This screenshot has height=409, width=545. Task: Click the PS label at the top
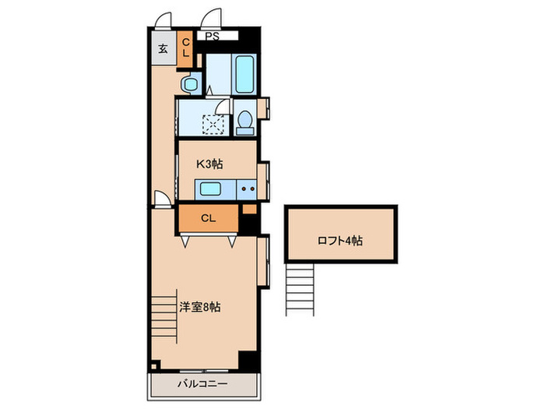(211, 36)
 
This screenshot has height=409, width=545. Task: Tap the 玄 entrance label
(163, 49)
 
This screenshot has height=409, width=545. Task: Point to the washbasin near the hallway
(189, 83)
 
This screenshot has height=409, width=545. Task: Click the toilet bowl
(244, 120)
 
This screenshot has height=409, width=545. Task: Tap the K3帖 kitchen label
(209, 164)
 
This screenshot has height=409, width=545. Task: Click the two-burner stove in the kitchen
(248, 188)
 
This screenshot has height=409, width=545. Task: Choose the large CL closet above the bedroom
(208, 218)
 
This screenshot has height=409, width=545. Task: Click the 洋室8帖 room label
(200, 307)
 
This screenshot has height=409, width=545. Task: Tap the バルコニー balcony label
(202, 385)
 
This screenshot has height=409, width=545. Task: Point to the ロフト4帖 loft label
(339, 241)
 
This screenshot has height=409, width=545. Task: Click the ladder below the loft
(300, 289)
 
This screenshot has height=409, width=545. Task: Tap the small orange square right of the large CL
(248, 208)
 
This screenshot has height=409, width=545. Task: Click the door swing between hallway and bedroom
(160, 199)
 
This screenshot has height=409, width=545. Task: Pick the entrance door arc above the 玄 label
(162, 21)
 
